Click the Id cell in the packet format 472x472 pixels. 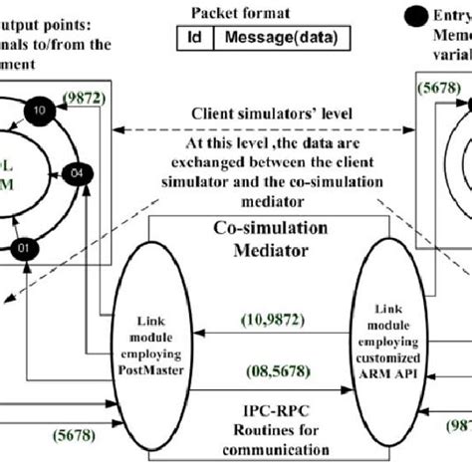coord(192,38)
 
